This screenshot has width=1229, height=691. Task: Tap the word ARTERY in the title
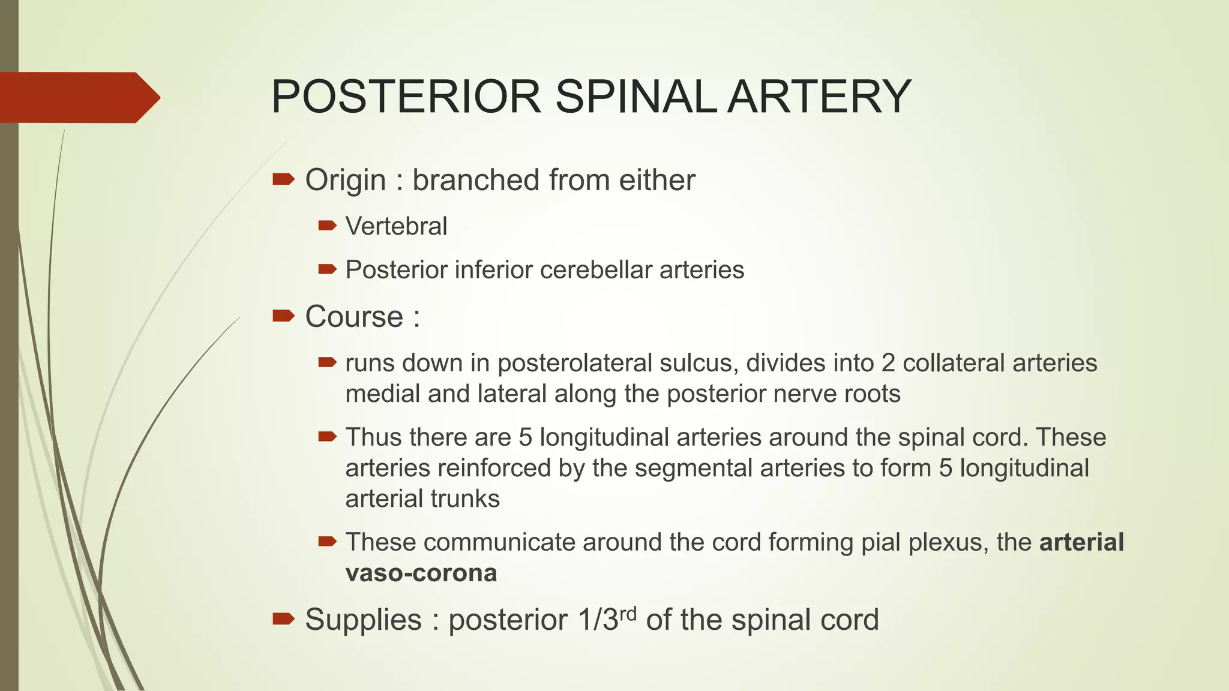[x=819, y=97]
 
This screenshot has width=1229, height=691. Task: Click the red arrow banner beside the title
[x=78, y=97]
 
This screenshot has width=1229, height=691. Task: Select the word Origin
[x=345, y=180]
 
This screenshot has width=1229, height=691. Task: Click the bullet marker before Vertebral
[x=327, y=226]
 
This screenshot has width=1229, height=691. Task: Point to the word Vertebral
[x=396, y=227]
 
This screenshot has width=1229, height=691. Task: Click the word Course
[x=354, y=317]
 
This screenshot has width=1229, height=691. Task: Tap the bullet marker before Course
[x=283, y=316]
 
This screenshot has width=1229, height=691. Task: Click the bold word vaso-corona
[x=421, y=573]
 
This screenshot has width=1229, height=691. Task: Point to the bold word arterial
[x=1081, y=542]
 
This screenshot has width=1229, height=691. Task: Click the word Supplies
[x=363, y=620]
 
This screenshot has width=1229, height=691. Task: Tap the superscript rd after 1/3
[x=628, y=613]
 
